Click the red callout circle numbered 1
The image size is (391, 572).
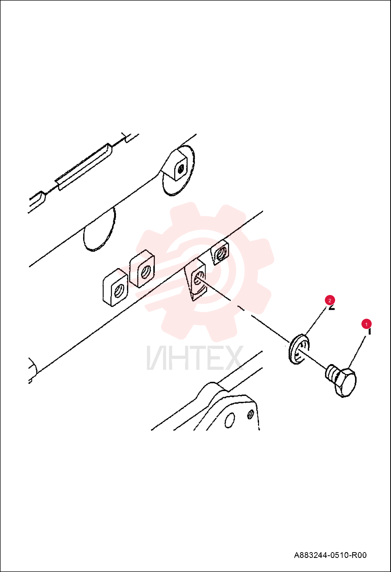tap(366, 324)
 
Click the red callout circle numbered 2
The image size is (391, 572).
tap(330, 300)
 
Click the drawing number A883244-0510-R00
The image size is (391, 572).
tap(330, 555)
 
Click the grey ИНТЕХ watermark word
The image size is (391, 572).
tap(195, 357)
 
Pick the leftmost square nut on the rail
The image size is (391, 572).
tap(115, 287)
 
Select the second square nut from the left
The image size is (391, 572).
tap(142, 269)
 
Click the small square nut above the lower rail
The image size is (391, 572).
tap(220, 252)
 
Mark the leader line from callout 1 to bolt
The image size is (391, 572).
tap(357, 352)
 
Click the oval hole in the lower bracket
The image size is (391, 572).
tap(229, 421)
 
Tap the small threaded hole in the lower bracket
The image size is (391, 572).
tap(250, 414)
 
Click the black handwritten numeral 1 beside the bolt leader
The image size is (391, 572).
tap(369, 332)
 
